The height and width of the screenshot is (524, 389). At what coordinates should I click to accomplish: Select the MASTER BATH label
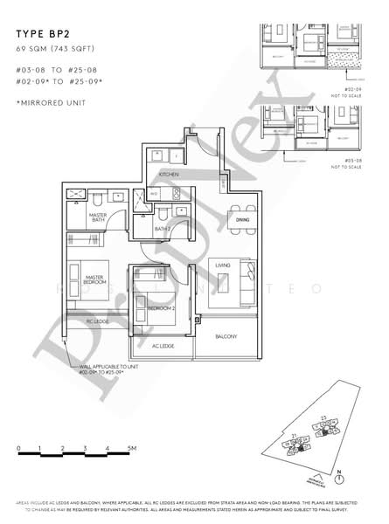[97, 218]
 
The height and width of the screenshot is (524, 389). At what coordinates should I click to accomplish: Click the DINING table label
[242, 221]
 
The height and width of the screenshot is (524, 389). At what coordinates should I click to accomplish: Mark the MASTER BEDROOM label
[95, 279]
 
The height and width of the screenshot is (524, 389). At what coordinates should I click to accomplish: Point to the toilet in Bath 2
[163, 215]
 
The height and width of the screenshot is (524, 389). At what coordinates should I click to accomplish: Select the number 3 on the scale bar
[86, 448]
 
